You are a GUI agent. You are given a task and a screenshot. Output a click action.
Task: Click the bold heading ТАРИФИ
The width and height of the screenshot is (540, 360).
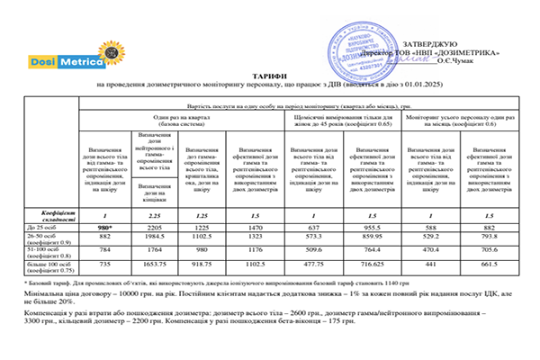[270, 76]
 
